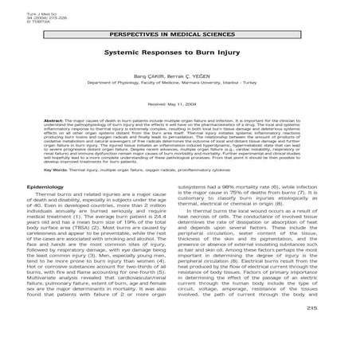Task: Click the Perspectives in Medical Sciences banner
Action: tap(179, 37)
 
